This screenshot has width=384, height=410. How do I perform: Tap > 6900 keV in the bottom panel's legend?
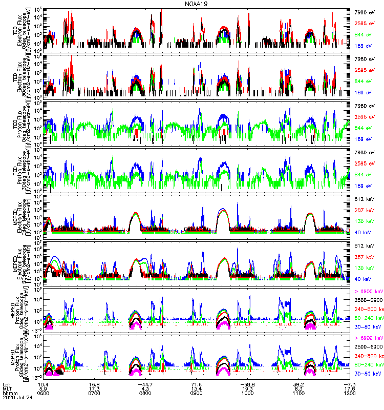(x=368, y=338)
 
